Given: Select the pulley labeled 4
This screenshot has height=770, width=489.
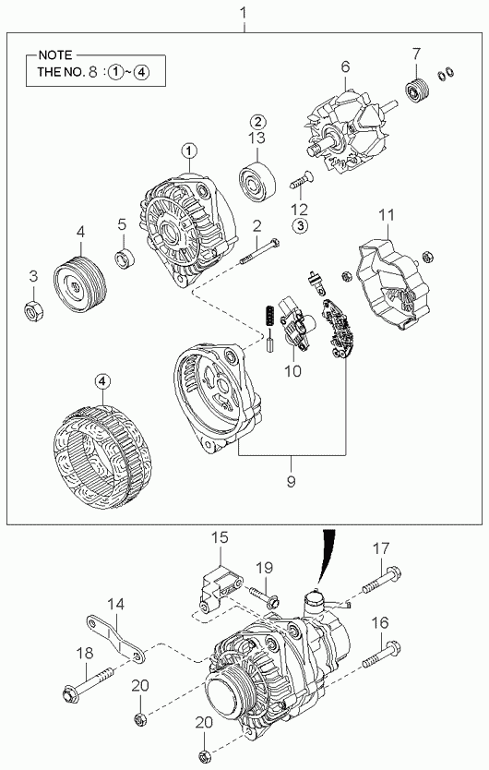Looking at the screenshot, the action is [79, 284].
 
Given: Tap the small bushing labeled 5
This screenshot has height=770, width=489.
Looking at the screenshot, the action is [125, 259].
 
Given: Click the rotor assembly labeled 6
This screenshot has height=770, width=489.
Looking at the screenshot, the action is [351, 129].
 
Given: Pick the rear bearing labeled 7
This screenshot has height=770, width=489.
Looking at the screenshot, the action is [417, 91].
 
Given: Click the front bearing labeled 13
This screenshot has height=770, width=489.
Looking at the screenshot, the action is [257, 181].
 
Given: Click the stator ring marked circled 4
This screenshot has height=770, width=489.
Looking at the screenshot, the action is [102, 457].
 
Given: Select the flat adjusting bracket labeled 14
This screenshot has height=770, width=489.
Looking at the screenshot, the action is [116, 637].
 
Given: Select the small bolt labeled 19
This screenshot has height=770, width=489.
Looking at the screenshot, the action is [265, 595].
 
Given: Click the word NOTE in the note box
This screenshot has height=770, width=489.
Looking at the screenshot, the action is [55, 55].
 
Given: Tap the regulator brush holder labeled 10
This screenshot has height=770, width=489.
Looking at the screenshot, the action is [296, 325].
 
